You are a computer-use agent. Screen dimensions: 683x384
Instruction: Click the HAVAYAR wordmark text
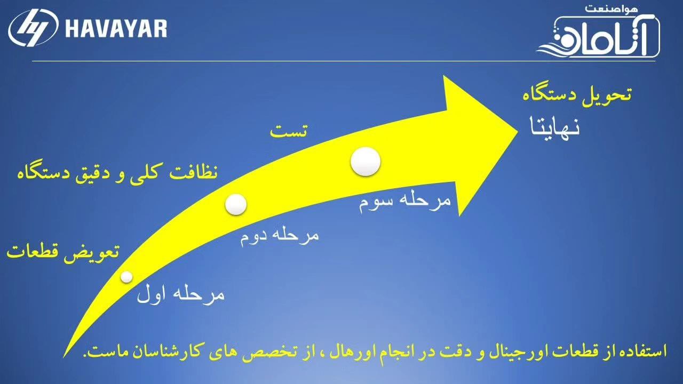pos(116,28)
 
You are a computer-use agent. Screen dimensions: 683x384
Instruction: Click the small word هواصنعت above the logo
pos(611,9)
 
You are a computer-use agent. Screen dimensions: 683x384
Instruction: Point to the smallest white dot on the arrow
pos(126,277)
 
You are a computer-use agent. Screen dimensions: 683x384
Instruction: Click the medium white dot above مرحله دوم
pos(236,204)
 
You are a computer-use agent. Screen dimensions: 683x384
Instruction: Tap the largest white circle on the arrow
pos(366,162)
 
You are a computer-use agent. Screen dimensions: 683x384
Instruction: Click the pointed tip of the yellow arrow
pos(518,132)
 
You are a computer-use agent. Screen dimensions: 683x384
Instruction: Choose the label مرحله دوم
pos(279,236)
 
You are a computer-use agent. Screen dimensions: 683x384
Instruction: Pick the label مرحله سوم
pos(404,202)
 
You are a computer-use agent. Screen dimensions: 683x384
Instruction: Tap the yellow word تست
pos(289,131)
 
